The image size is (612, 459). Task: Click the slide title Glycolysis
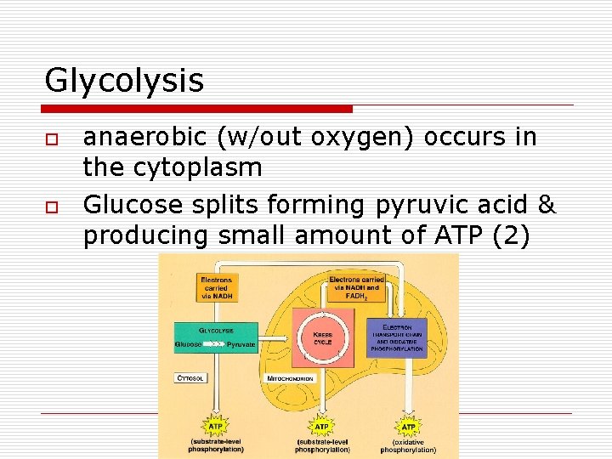(124, 81)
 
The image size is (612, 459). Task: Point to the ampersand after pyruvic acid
(547, 205)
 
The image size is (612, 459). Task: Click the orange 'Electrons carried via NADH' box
(216, 286)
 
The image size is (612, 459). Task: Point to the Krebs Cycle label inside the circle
(322, 338)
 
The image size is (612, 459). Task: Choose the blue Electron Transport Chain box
(396, 337)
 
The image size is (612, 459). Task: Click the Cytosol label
(190, 377)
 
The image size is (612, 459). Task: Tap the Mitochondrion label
(291, 378)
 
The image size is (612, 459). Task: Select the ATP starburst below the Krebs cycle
(321, 425)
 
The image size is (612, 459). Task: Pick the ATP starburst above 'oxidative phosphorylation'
(408, 425)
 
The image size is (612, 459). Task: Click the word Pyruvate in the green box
(240, 344)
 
